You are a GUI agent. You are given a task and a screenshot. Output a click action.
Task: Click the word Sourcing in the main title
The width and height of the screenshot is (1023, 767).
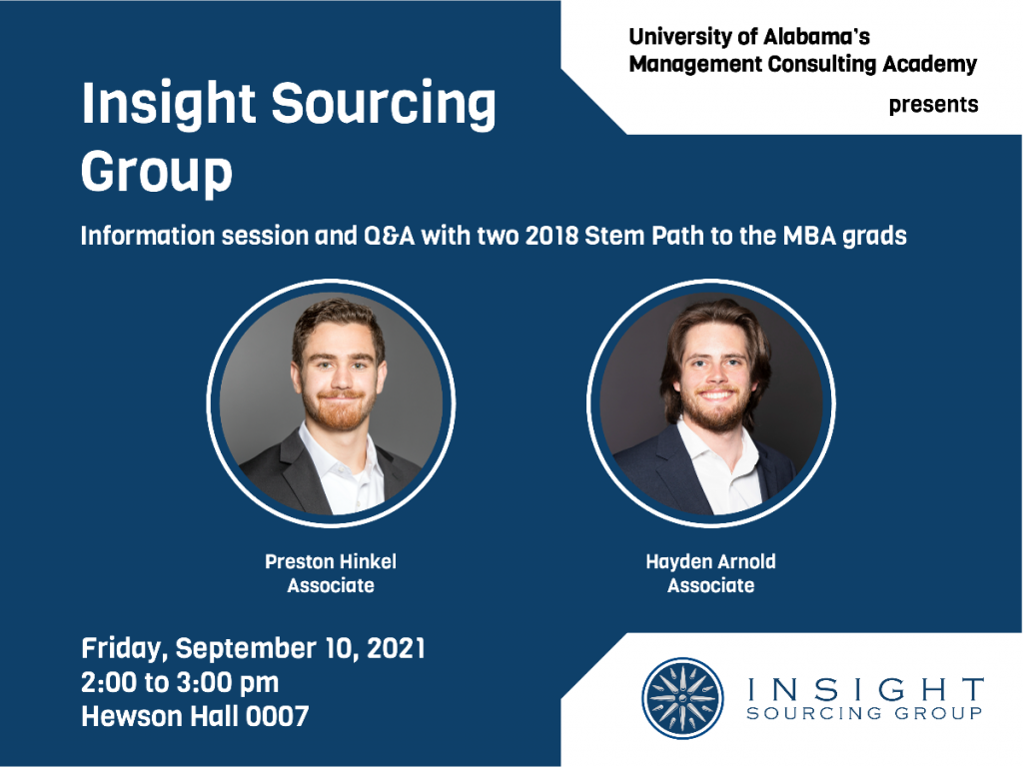click(384, 104)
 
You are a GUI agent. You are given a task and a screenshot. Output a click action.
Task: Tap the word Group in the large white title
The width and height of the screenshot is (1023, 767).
click(157, 172)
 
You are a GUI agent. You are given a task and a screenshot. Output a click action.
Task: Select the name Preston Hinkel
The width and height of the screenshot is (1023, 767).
click(331, 561)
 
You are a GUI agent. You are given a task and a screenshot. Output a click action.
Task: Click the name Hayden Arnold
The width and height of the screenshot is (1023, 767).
click(710, 561)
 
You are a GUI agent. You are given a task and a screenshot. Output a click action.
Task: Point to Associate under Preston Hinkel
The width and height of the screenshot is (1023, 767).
click(331, 585)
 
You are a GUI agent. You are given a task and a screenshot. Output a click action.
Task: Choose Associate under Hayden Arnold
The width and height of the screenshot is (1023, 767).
click(710, 585)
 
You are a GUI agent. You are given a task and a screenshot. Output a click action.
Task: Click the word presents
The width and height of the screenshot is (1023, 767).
click(934, 105)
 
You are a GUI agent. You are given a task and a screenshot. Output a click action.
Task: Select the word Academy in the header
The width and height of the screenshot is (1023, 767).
click(930, 64)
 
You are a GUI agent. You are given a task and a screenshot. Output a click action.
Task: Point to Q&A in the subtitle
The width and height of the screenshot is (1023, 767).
click(389, 236)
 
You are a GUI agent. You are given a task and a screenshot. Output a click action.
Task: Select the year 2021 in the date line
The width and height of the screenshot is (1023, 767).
click(396, 648)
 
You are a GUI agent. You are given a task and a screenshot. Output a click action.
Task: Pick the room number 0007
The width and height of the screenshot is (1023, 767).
click(277, 717)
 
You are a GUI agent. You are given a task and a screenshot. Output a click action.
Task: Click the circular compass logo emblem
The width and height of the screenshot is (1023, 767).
click(682, 698)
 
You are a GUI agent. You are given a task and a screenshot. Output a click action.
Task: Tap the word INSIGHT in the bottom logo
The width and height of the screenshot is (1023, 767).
click(865, 690)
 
